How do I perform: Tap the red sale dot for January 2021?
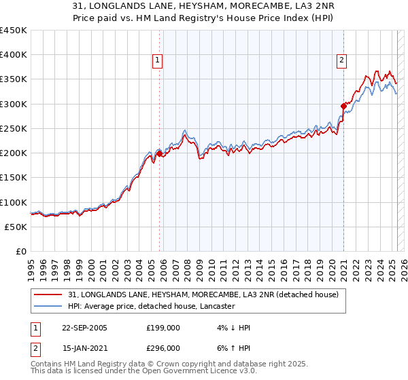(x=344, y=105)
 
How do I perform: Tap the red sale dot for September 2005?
(x=160, y=153)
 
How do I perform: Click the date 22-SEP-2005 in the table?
(x=84, y=328)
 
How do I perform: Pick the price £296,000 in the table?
(x=163, y=347)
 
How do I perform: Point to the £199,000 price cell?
(x=163, y=328)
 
